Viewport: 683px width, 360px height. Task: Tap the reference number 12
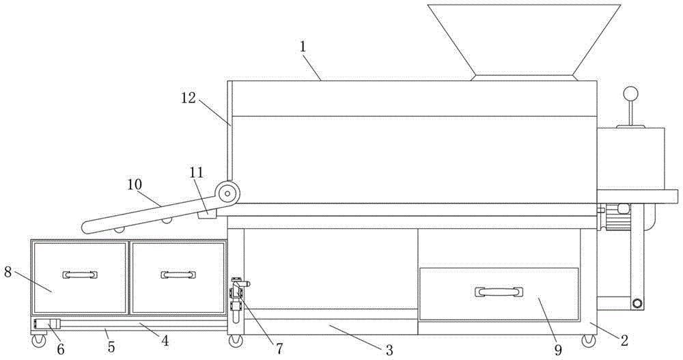click(x=189, y=98)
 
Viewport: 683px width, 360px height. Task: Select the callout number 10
click(x=135, y=184)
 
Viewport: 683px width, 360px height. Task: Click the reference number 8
click(x=8, y=272)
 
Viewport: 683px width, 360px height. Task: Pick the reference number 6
click(x=61, y=349)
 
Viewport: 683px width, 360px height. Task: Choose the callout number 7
click(x=278, y=348)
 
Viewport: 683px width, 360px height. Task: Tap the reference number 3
click(x=389, y=350)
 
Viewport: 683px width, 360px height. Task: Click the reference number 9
click(x=558, y=350)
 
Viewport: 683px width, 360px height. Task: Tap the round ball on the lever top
click(x=630, y=94)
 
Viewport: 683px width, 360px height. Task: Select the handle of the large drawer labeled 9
click(x=499, y=292)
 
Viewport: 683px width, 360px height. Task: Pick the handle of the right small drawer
click(x=178, y=275)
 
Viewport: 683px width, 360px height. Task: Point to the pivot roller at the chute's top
click(x=227, y=193)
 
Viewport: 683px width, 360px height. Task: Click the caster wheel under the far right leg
click(x=587, y=340)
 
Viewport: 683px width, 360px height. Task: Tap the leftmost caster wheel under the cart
click(x=36, y=339)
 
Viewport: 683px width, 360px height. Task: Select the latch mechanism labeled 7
click(x=238, y=297)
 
